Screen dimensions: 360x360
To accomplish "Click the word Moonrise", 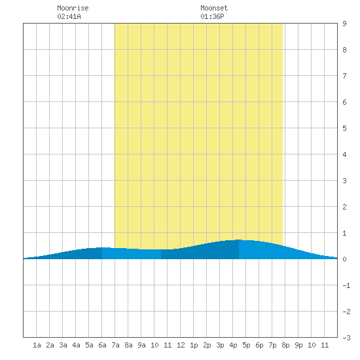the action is [x=73, y=8].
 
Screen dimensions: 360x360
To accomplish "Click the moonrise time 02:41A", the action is [x=69, y=16].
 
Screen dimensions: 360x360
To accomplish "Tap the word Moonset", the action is [x=214, y=8].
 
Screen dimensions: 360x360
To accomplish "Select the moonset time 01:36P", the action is [x=212, y=16].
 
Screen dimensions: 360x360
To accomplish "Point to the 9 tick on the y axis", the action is [x=344, y=24].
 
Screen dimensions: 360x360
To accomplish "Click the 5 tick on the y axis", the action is [x=344, y=128].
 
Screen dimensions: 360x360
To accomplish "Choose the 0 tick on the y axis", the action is [x=344, y=259].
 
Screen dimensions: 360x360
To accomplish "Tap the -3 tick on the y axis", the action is [x=346, y=338].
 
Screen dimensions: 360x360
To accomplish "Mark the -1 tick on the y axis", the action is [x=346, y=285].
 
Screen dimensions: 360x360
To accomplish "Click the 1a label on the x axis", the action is [x=37, y=345].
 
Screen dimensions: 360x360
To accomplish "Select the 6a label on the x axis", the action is [x=102, y=345].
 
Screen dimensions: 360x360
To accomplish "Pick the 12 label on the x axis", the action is [x=181, y=345].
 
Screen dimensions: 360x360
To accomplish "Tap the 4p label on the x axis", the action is [x=233, y=345].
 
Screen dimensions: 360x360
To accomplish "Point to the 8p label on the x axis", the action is [x=285, y=345].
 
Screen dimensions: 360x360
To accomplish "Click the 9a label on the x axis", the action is [x=141, y=345].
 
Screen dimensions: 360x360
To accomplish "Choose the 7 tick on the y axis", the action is [x=344, y=76].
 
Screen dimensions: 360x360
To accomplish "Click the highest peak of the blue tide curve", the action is [x=239, y=240].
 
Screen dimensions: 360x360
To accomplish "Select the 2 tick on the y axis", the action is [x=344, y=207].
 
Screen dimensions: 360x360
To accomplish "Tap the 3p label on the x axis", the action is [x=220, y=345].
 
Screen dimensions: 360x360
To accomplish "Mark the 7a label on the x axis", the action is [x=115, y=345].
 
